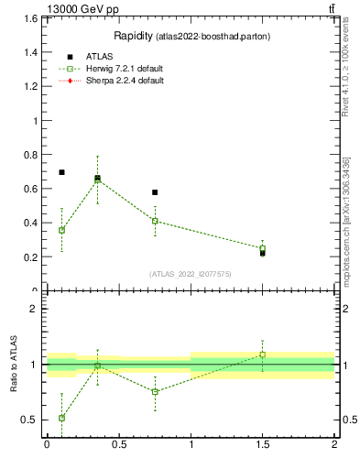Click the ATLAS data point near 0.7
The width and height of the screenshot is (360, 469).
tap(61, 172)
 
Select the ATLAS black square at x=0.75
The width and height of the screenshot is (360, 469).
tap(155, 192)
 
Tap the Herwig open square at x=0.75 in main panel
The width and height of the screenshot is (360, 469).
tap(155, 221)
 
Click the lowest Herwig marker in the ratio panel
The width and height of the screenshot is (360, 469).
tap(61, 418)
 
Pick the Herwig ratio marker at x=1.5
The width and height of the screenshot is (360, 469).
tap(262, 354)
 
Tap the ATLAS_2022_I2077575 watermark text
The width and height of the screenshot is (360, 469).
tap(191, 274)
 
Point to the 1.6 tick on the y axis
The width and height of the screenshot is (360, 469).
tap(30, 19)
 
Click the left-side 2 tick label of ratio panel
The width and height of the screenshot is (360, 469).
tap(34, 309)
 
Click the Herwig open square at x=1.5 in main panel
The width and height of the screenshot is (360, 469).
tap(262, 248)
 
